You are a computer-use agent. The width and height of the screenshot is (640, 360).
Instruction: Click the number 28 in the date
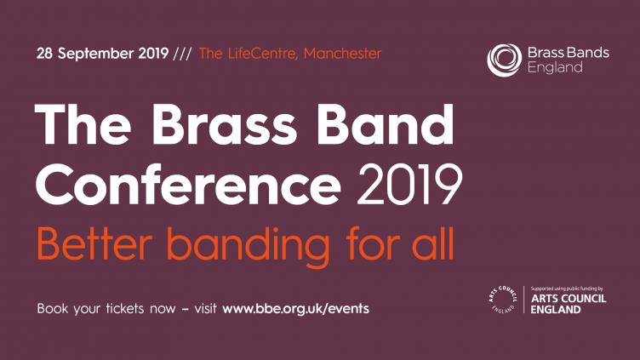(45, 54)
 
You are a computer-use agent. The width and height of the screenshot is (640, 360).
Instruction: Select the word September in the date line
(95, 54)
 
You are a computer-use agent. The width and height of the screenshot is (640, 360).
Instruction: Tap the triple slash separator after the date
(182, 54)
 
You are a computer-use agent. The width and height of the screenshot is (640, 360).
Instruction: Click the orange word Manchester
(342, 54)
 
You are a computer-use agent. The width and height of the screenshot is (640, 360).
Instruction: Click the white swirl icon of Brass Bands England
(504, 60)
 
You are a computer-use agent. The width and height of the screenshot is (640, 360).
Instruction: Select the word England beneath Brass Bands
(555, 67)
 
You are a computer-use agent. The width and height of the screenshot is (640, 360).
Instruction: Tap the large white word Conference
(188, 185)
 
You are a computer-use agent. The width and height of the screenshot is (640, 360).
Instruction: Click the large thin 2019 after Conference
(410, 185)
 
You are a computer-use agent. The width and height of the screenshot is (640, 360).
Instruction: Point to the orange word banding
(249, 247)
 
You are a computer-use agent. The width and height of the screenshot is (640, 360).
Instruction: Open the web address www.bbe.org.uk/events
(295, 309)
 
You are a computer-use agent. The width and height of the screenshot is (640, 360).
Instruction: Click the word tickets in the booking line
(125, 308)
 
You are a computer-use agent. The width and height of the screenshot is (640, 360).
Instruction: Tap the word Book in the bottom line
(53, 308)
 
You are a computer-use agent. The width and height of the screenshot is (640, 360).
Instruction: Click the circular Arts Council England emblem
(503, 300)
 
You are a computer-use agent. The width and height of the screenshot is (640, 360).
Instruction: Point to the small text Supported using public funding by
(567, 289)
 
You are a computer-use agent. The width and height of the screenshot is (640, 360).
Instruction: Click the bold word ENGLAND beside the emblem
(556, 310)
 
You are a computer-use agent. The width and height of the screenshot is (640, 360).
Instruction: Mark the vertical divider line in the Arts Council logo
(524, 300)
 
